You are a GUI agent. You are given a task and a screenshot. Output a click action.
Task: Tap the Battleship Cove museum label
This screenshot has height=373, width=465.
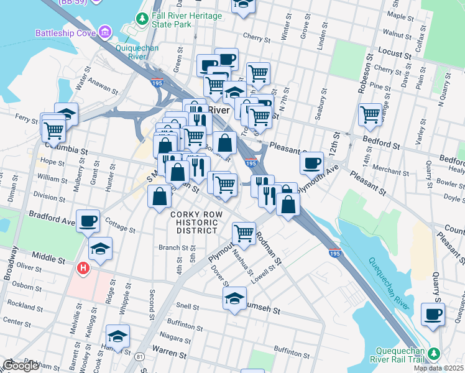pos(65,32)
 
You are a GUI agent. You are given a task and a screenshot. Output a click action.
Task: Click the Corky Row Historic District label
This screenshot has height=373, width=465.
pos(194,222)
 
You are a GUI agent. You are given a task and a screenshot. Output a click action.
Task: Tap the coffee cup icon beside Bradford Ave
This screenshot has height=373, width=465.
pos(88,220)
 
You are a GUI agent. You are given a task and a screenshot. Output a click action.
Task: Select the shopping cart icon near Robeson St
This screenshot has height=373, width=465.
pos(370,114)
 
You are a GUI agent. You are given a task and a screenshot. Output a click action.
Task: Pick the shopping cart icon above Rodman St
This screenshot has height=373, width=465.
pos(244,233)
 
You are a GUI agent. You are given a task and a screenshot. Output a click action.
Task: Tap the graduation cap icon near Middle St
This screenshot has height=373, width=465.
pos(100,249)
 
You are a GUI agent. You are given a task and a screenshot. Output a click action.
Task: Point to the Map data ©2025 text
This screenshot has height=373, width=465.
pos(438,368)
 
